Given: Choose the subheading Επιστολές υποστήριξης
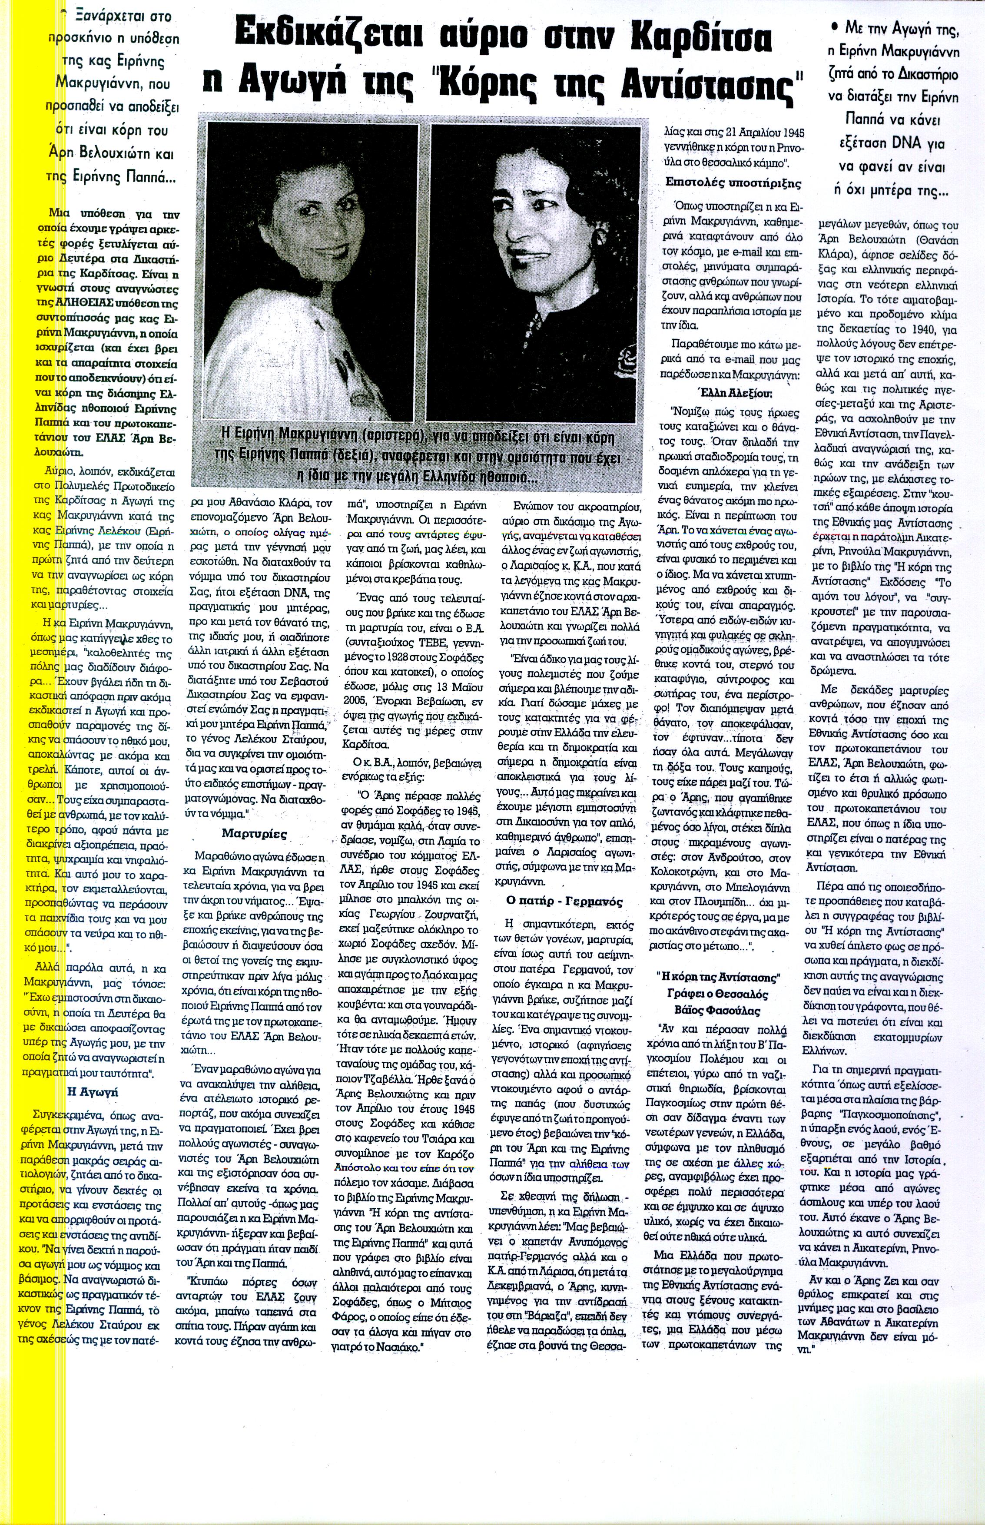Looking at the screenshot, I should tap(733, 182).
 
